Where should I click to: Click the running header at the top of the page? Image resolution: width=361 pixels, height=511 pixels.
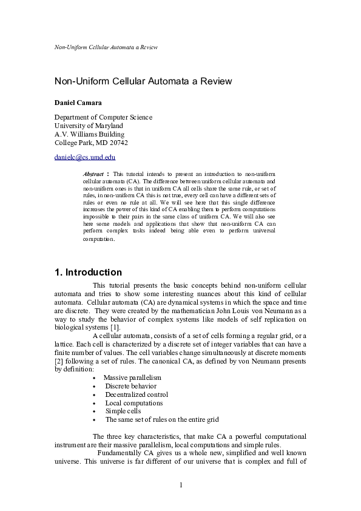coord(106,47)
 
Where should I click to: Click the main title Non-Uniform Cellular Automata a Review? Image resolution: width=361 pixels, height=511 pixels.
coord(143,81)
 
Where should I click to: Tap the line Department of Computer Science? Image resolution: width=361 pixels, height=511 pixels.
coord(103,117)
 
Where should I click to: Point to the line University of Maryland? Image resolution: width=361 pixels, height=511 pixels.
coord(89,126)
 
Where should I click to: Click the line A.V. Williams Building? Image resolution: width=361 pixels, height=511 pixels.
coord(89,134)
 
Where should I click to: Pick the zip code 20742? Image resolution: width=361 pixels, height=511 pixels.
coord(117,143)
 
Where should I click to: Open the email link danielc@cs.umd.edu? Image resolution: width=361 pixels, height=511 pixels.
coord(85,157)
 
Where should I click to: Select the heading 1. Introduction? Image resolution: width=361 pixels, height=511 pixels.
coord(88,272)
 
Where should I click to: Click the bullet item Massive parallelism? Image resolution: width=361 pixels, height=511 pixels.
coord(132,377)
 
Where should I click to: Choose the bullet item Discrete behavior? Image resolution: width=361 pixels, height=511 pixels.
coord(130,386)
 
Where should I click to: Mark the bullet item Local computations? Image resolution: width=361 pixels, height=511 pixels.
coord(134,403)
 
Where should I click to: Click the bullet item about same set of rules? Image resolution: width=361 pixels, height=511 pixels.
coord(162,419)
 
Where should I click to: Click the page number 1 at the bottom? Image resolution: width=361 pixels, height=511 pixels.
coord(181,484)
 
